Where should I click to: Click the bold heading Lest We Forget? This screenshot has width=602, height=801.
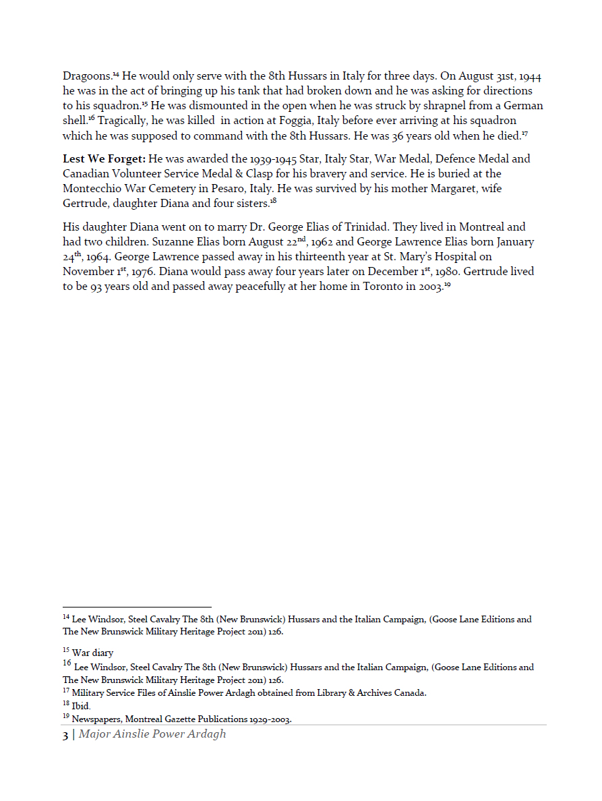pos(104,159)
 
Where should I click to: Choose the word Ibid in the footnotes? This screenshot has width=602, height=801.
pos(81,706)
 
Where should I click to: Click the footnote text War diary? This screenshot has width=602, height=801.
pos(92,653)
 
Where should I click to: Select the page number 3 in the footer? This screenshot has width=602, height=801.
pos(65,734)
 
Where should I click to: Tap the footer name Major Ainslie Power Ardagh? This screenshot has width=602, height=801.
pos(152,734)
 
